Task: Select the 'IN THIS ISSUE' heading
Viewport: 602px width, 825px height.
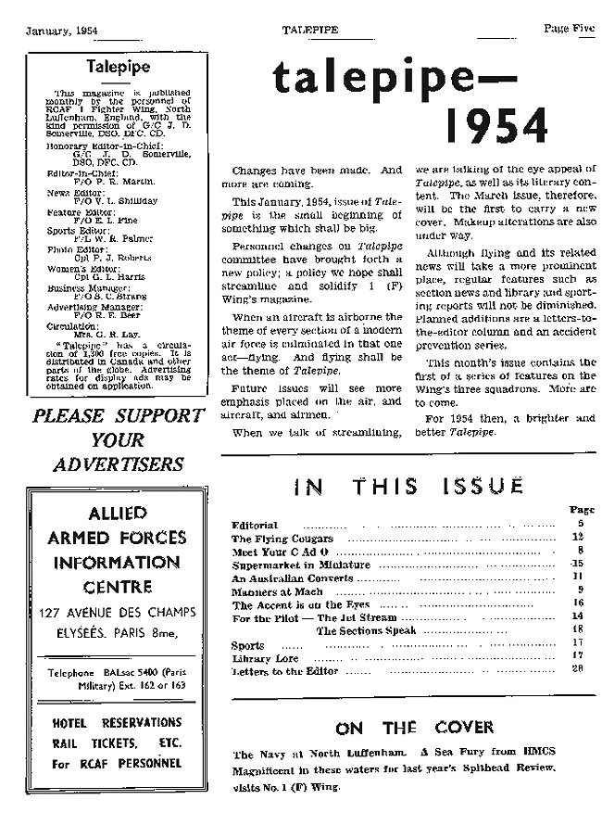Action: [x=408, y=485]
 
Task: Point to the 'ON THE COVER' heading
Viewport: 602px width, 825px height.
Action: [x=408, y=728]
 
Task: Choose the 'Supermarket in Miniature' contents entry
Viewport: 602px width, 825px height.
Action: [x=288, y=565]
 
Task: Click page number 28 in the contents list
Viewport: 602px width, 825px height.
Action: [x=577, y=668]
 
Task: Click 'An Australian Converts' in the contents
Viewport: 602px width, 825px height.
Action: [x=280, y=577]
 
